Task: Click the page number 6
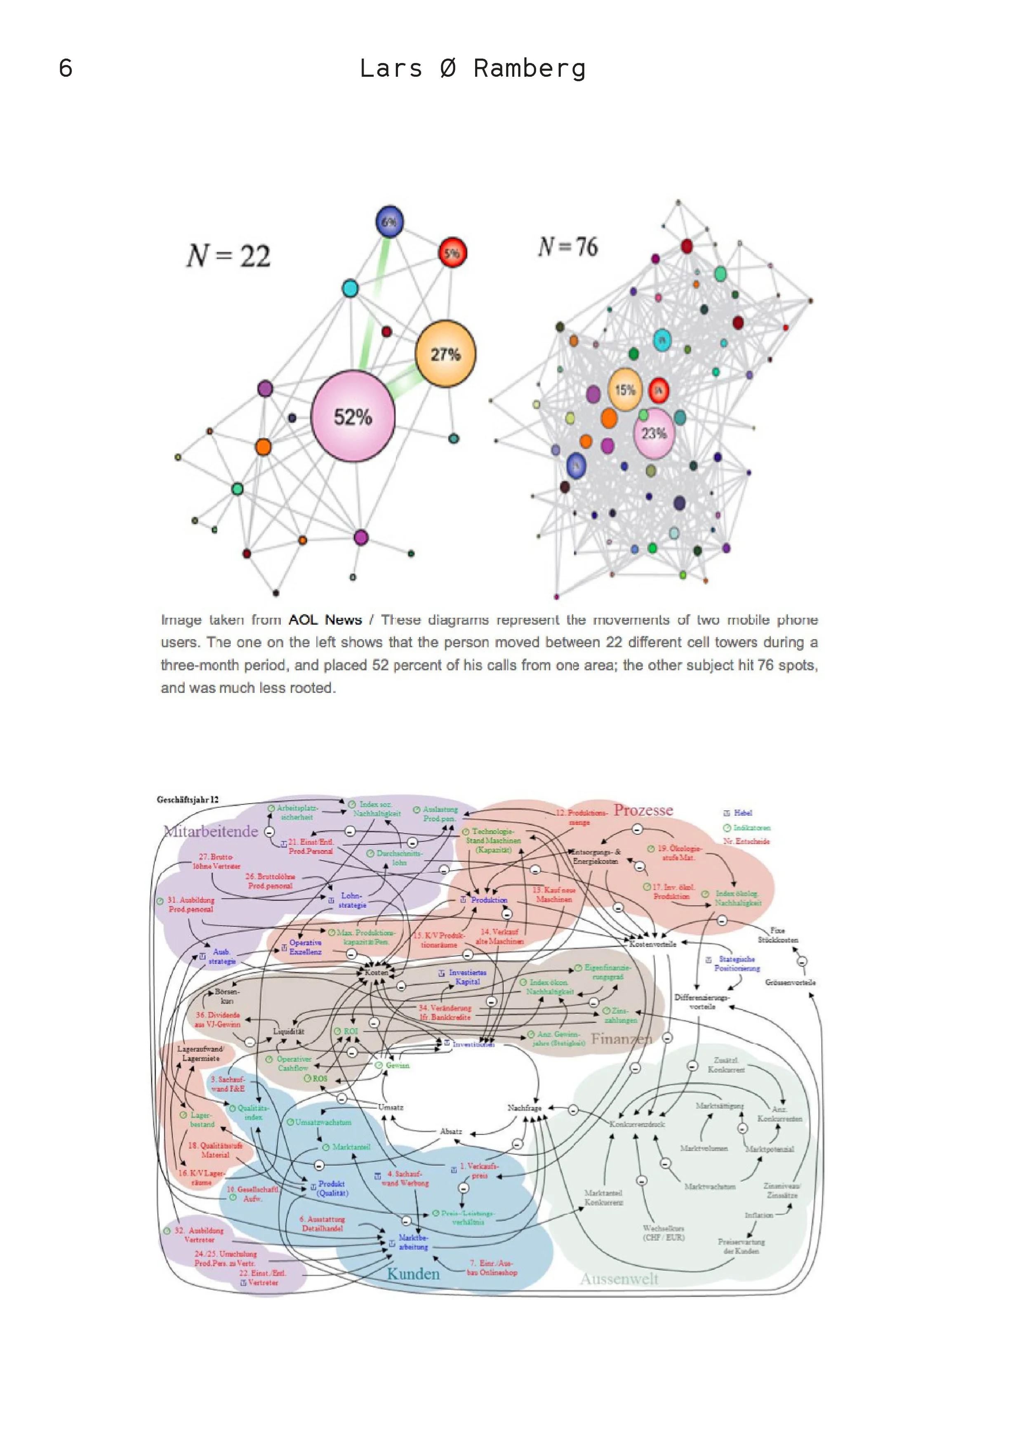tap(66, 68)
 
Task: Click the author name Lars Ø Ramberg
tap(472, 68)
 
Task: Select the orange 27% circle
tap(445, 353)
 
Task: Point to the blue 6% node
tap(389, 221)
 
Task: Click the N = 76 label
tap(567, 246)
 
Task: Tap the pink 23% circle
tap(654, 433)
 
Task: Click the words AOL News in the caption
tap(325, 619)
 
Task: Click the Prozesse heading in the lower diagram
tap(643, 810)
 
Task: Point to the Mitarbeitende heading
tap(211, 831)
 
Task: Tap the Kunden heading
tap(413, 1273)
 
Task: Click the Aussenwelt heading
tap(619, 1279)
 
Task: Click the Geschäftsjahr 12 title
tap(187, 799)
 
